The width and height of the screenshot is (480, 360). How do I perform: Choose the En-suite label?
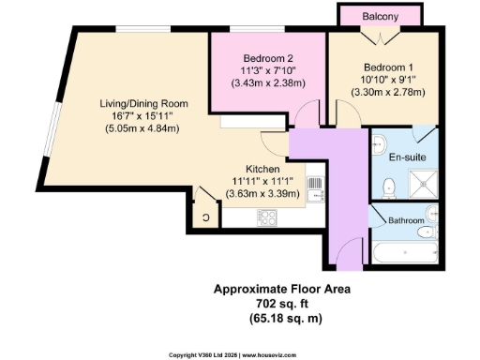point(406,160)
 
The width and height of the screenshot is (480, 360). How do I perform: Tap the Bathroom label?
point(407,220)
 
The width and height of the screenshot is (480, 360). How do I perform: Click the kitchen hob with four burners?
point(267,217)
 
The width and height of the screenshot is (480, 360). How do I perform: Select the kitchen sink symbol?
point(315,187)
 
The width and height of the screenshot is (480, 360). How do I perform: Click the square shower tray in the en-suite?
point(418,184)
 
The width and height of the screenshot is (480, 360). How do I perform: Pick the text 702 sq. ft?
point(282,305)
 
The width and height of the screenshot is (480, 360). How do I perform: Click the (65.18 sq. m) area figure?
point(282,319)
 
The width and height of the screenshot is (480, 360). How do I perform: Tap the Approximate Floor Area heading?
point(282,291)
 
